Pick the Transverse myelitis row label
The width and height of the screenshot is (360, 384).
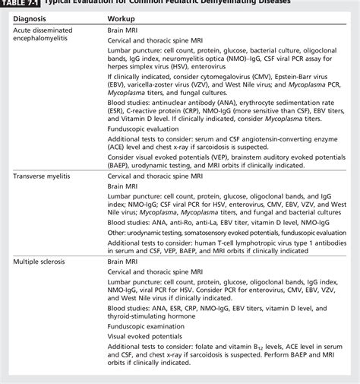pyautogui.click(x=42, y=197)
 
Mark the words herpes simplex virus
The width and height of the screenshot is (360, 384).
pyautogui.click(x=141, y=77)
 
